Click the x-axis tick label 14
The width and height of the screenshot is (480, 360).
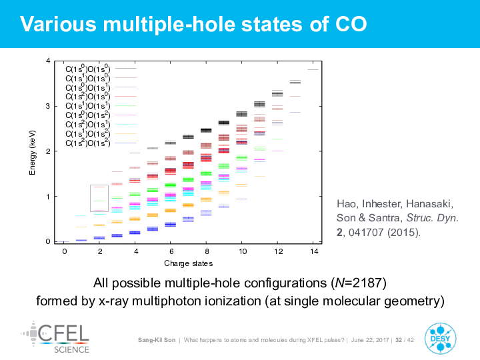click(314, 251)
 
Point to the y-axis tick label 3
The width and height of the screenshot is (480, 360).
click(48, 107)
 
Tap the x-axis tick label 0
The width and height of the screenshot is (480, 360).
click(64, 251)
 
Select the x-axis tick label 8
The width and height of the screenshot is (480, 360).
click(207, 251)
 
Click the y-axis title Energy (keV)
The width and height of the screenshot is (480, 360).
click(32, 152)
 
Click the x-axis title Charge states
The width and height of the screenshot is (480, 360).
click(189, 263)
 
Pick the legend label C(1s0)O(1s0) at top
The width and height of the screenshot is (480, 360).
click(87, 69)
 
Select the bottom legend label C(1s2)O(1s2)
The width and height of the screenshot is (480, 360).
click(87, 143)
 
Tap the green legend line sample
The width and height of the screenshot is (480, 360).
click(125, 105)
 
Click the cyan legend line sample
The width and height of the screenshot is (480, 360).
click(125, 124)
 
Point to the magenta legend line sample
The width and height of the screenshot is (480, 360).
click(125, 115)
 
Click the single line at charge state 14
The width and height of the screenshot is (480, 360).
click(313, 69)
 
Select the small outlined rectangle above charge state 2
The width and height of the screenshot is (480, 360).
click(99, 198)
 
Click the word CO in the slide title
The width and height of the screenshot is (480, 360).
click(348, 24)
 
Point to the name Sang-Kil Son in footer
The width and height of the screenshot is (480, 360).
click(157, 340)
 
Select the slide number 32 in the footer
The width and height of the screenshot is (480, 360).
click(399, 340)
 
